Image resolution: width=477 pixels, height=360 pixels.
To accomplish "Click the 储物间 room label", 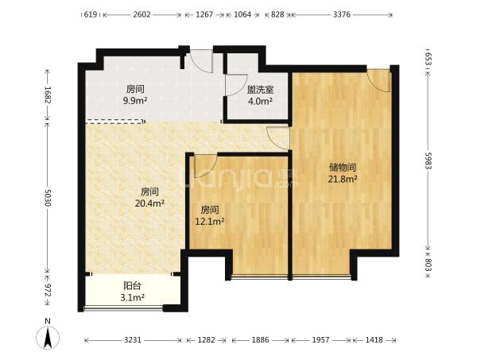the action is (x=343, y=168).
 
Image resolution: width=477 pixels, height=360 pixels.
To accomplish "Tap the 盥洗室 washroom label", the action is (x=260, y=90).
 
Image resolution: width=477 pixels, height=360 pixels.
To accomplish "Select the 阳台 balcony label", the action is (x=132, y=286).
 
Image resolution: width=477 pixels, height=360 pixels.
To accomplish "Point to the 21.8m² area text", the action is (x=343, y=179).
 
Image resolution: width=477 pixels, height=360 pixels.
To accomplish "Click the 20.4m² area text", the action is (x=149, y=203).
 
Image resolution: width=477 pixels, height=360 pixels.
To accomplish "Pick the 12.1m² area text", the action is (x=210, y=222).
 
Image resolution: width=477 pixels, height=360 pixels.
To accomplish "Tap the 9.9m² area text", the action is (x=135, y=101).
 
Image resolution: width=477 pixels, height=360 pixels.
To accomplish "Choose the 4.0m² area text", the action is (x=260, y=101).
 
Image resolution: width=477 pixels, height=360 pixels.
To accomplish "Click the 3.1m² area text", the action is (x=132, y=297).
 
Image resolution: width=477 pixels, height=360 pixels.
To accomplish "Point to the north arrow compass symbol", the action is (x=48, y=338).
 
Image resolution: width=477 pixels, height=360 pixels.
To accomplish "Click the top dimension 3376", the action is (x=342, y=14).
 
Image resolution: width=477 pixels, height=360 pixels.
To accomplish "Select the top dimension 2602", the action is (x=142, y=14).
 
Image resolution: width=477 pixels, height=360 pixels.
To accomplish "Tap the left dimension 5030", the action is (x=47, y=198).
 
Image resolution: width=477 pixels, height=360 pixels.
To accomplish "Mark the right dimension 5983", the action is (x=428, y=161).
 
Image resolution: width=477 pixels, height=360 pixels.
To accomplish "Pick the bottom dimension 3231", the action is (x=133, y=340).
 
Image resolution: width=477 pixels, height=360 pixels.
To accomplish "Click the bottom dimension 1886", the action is (x=260, y=340).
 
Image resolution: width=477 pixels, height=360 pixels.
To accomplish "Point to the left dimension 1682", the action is (x=47, y=95).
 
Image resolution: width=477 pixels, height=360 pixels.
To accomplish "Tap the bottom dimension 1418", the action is (x=374, y=340).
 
